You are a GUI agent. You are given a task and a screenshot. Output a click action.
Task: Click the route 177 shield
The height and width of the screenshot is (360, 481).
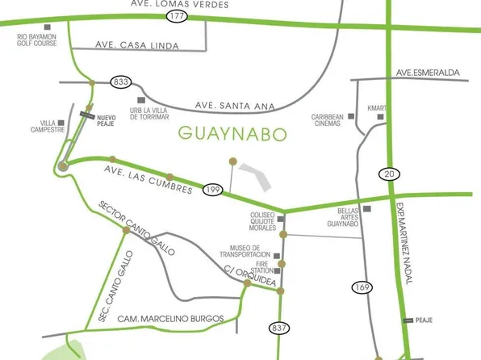pyautogui.click(x=177, y=16)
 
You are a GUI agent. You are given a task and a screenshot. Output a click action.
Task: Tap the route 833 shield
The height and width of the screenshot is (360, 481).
pyautogui.click(x=123, y=82)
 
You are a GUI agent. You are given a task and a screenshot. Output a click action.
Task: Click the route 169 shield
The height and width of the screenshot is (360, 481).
pyautogui.click(x=362, y=287)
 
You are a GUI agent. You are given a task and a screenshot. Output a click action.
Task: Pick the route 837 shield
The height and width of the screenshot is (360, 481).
pyautogui.click(x=279, y=328)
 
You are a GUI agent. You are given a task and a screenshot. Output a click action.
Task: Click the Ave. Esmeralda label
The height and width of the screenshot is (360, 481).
pyautogui.click(x=428, y=73)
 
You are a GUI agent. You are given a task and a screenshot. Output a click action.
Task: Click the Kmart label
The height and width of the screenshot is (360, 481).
pyautogui.click(x=376, y=108)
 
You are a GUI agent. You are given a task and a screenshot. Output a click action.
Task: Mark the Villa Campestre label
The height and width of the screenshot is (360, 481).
pyautogui.click(x=43, y=127)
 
